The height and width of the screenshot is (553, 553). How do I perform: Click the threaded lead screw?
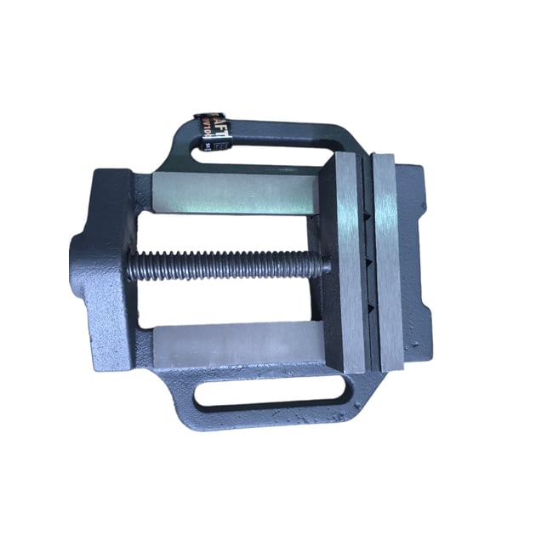pyautogui.click(x=225, y=265)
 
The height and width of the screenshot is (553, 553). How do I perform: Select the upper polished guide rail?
pyautogui.click(x=238, y=193)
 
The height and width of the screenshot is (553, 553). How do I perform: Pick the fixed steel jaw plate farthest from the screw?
pyautogui.click(x=387, y=264)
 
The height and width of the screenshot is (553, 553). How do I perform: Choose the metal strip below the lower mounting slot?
pyautogui.click(x=272, y=417)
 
